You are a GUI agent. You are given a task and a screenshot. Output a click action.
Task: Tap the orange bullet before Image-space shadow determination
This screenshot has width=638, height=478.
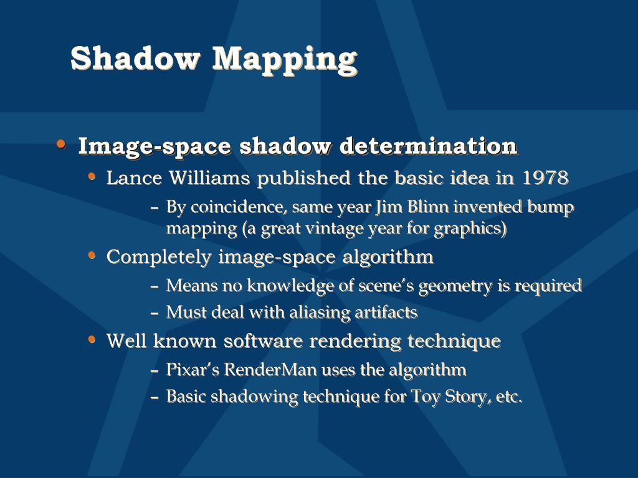(x=61, y=145)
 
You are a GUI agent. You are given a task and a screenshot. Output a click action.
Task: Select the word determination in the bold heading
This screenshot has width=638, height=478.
(x=429, y=146)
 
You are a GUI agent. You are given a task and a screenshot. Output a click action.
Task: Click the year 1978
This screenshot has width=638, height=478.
(x=545, y=178)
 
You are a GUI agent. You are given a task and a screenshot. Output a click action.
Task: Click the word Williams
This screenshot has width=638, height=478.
(x=209, y=178)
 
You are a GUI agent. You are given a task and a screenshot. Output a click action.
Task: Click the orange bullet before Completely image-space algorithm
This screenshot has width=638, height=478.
(x=92, y=255)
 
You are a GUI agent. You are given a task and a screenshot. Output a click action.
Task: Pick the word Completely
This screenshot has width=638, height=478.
(x=159, y=257)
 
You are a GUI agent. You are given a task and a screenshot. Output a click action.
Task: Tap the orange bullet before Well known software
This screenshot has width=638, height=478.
(x=92, y=340)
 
